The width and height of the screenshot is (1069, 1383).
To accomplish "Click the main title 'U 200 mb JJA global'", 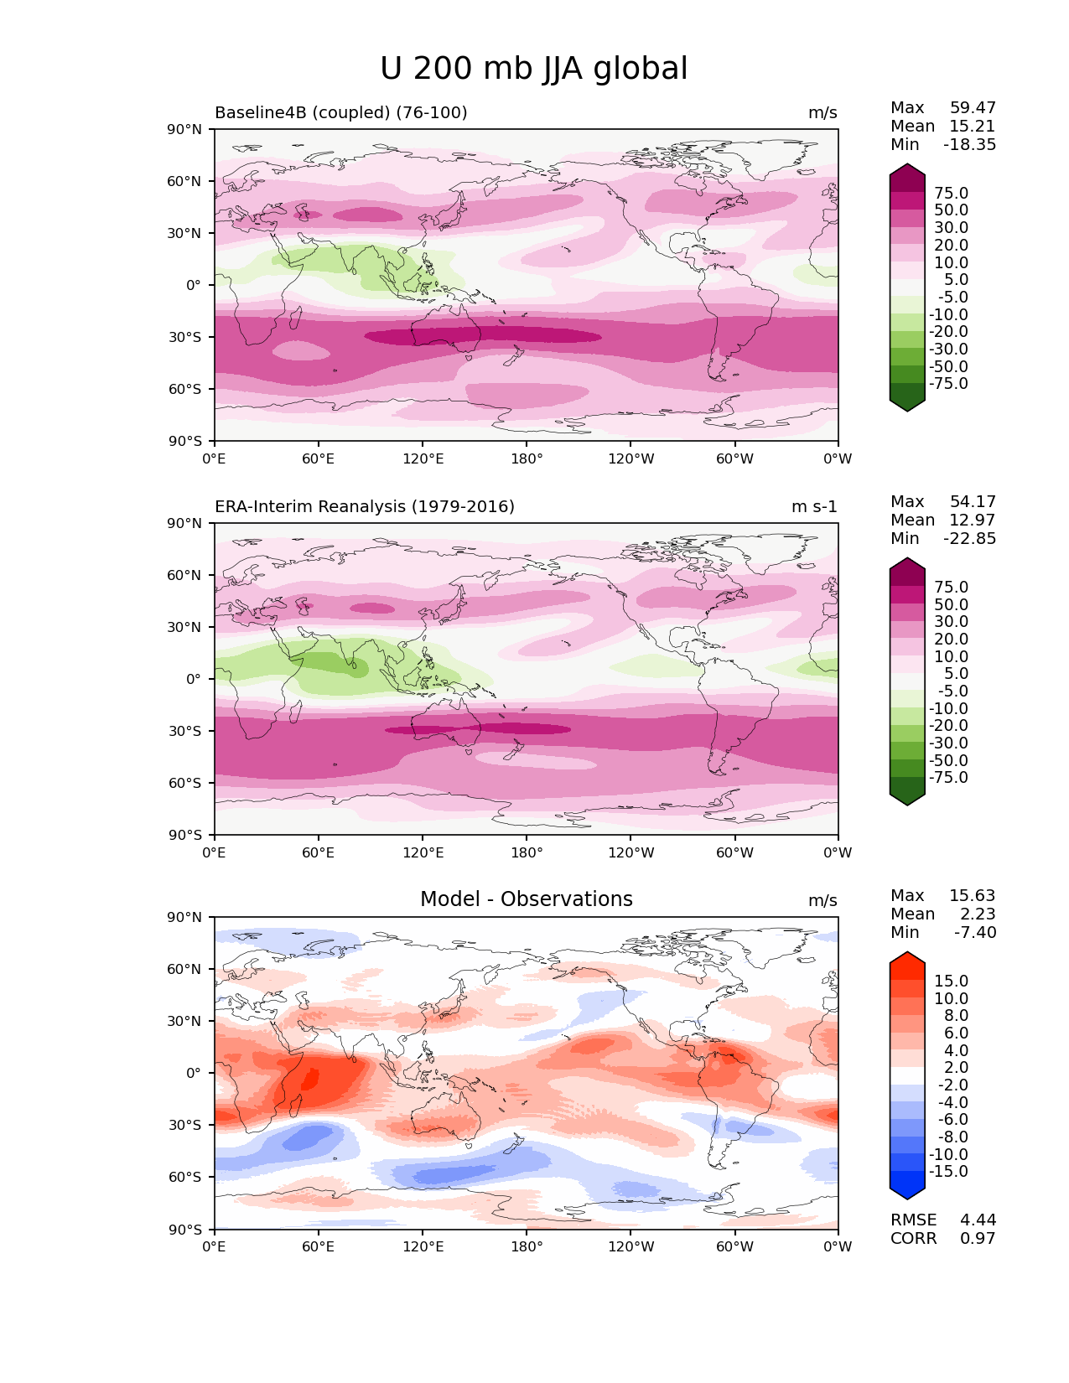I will point(533,69).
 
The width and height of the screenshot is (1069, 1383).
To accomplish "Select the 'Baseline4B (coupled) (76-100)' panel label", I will point(340,113).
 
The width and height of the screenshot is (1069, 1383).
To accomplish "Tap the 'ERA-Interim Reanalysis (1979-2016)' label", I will point(365,507).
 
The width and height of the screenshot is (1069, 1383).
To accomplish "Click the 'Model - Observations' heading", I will point(526,899).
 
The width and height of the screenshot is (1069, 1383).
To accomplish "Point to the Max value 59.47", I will point(973,108).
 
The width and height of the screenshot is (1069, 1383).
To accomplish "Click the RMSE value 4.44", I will point(978,1220).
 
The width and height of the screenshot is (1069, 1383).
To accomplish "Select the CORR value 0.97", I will point(978,1239).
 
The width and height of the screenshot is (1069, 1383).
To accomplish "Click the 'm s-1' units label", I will point(814,507).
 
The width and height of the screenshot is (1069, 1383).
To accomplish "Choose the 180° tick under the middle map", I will point(527,853).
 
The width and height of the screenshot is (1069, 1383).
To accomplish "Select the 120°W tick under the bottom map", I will point(631,1247).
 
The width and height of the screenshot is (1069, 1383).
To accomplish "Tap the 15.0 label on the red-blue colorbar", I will point(951,982).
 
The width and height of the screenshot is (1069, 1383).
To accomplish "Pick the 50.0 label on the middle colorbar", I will point(951,605).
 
